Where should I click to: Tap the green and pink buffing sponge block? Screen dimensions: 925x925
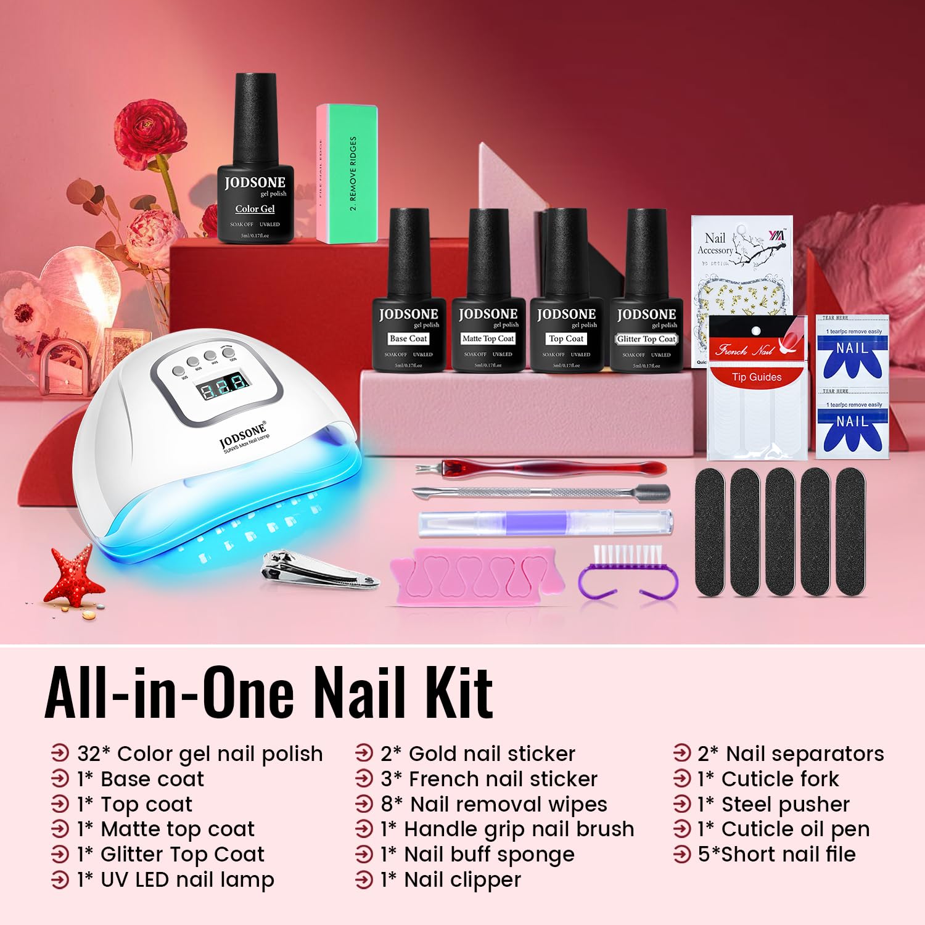[x=347, y=174]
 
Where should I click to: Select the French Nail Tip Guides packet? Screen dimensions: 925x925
[x=757, y=388]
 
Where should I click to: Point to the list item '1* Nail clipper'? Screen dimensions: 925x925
[x=451, y=880]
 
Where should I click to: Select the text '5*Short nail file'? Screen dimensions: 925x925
[x=776, y=855]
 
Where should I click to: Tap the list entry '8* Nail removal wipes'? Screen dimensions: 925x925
[x=493, y=805]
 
